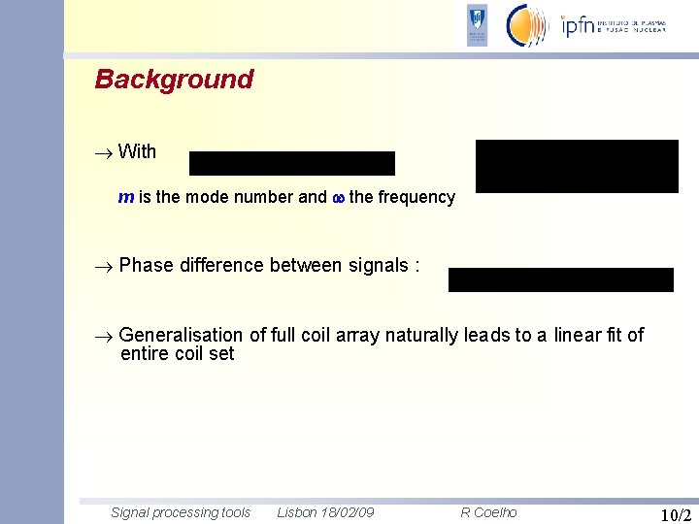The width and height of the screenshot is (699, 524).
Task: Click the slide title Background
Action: point(174,80)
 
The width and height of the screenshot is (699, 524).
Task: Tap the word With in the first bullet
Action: point(137,151)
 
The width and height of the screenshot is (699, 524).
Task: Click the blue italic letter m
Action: point(125,197)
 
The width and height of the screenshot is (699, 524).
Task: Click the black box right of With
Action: point(291,163)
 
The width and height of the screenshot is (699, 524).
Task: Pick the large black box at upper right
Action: point(577,166)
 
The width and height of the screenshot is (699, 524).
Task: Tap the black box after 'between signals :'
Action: point(560,279)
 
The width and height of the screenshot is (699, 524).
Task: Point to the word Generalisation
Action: point(182,335)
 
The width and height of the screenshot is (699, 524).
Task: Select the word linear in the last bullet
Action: point(577,335)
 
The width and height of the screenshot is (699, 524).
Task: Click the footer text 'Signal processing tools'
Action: point(181,512)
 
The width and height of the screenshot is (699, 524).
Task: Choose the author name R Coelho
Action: point(488,512)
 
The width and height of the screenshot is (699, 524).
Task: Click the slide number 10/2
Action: point(675,514)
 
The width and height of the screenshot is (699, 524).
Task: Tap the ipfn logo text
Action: point(580,25)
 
